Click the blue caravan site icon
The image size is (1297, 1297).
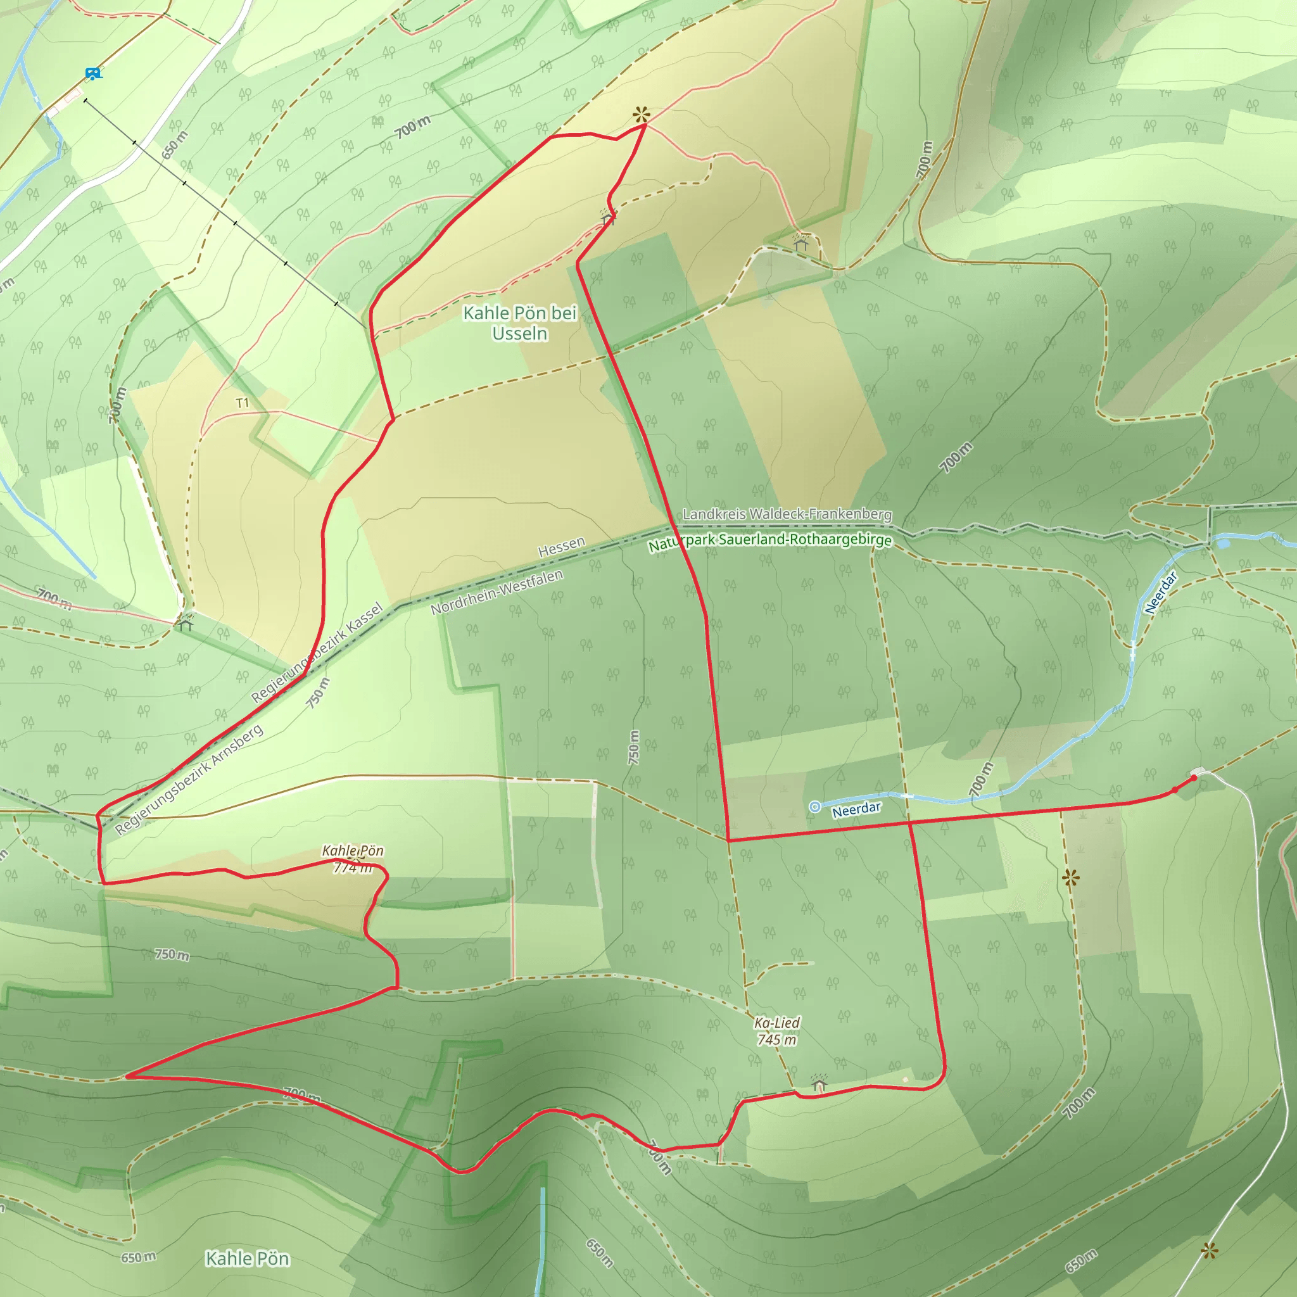pos(93,73)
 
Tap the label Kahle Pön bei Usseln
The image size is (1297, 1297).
pos(519,323)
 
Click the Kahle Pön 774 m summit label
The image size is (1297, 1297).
pos(353,859)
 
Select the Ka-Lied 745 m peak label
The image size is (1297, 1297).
pos(776,1031)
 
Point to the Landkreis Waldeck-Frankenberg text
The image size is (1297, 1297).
pos(787,514)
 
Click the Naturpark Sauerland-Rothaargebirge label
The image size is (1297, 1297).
pos(770,541)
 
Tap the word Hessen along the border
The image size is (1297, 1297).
pos(561,547)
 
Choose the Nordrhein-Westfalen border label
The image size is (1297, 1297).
pos(497,592)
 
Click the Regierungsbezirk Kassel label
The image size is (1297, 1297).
pos(317,652)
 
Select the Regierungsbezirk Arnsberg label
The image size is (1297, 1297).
pos(189,780)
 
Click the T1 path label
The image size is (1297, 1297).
pos(243,403)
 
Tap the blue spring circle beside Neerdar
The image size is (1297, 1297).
pos(814,807)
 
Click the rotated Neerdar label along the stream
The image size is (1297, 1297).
pos(1161,592)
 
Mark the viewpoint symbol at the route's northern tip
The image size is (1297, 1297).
pos(642,115)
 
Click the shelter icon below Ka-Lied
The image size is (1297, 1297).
pos(819,1083)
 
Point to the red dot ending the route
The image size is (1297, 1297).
pos(1194,778)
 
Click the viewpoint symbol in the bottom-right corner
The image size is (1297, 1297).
pos(1209,1250)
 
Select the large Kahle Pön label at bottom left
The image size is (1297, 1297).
pos(247,1258)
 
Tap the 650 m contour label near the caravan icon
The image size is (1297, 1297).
pos(175,145)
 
